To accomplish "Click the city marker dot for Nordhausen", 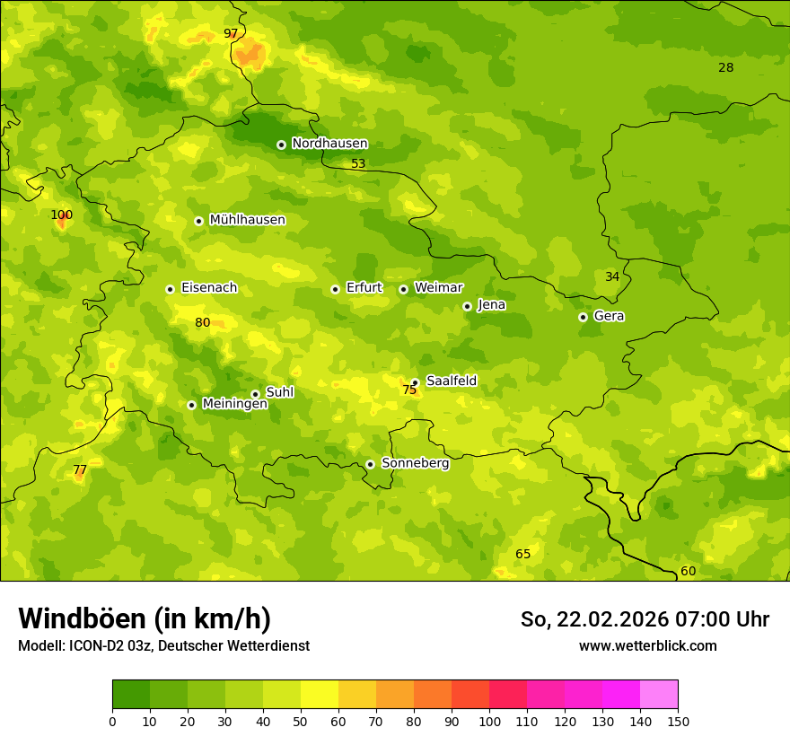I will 281,145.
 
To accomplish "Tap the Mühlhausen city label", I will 247,220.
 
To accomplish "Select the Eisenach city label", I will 209,288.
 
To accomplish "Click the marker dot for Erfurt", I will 335,289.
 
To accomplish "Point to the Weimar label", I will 438,288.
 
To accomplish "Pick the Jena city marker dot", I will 467,306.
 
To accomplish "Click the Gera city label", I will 609,316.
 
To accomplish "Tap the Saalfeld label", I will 452,381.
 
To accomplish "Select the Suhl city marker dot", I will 255,394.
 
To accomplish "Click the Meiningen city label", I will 234,404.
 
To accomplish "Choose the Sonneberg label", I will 415,463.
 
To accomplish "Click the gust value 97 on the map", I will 231,34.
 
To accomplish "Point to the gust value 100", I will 61,215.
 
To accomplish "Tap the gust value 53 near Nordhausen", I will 358,164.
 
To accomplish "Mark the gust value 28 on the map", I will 725,68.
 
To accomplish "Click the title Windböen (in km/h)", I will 145,618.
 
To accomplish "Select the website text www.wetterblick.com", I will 647,645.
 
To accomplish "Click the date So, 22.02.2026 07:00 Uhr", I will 645,619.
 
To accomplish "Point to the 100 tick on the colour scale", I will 489,721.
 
